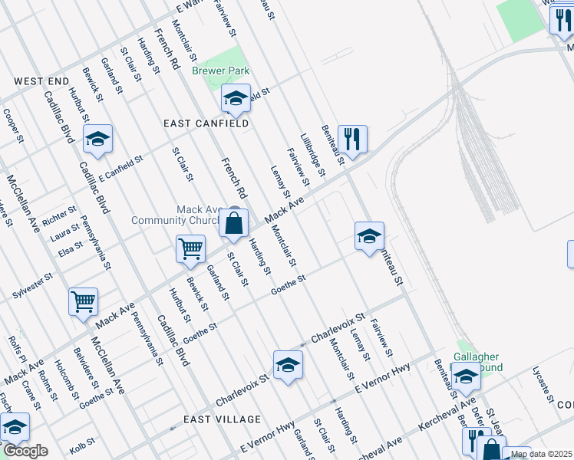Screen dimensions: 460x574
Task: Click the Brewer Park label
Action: pos(221,70)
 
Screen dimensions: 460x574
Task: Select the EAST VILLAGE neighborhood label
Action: pos(223,419)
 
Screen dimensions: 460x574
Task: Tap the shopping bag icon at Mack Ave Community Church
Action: pos(234,224)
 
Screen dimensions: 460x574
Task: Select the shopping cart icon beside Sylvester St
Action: pos(83,301)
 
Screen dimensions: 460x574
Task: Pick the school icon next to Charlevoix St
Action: pos(288,366)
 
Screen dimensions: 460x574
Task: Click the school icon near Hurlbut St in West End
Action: pos(97,140)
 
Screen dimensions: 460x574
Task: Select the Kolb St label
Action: pos(81,442)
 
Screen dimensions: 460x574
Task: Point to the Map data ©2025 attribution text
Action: pos(541,454)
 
